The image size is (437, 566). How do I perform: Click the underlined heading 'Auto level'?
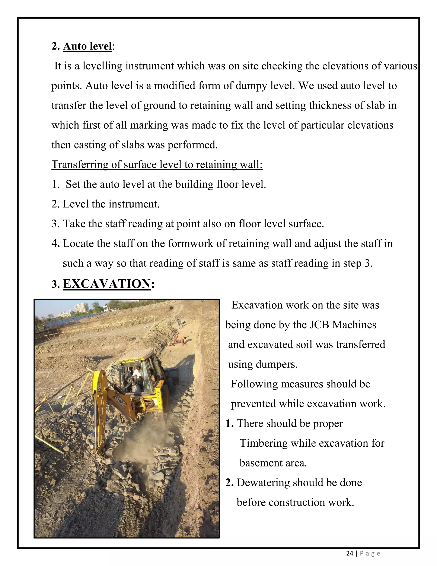[x=87, y=46]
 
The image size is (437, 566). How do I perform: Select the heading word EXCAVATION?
[x=107, y=284]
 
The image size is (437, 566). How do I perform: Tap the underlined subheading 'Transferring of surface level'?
[x=157, y=164]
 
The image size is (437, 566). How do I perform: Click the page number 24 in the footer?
[x=350, y=554]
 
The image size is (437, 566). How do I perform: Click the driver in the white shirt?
[x=136, y=374]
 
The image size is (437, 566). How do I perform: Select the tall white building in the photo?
[x=82, y=308]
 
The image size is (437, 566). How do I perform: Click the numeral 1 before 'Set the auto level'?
[x=55, y=185]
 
